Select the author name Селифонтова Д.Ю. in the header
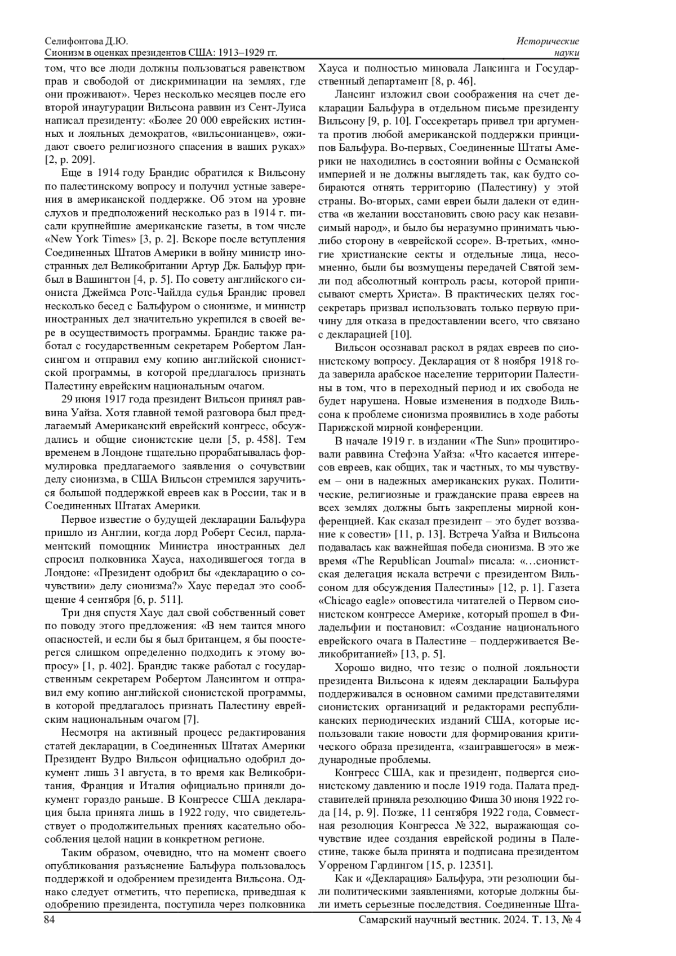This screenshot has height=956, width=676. (x=86, y=42)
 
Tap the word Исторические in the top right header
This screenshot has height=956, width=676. (x=548, y=42)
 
